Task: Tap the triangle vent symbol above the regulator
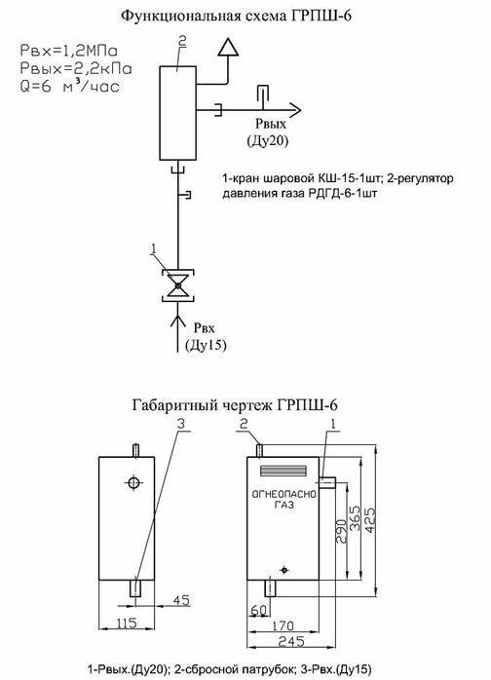[x=228, y=46]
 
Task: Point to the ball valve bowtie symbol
[x=176, y=286]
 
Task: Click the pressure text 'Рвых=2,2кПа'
[x=75, y=68]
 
